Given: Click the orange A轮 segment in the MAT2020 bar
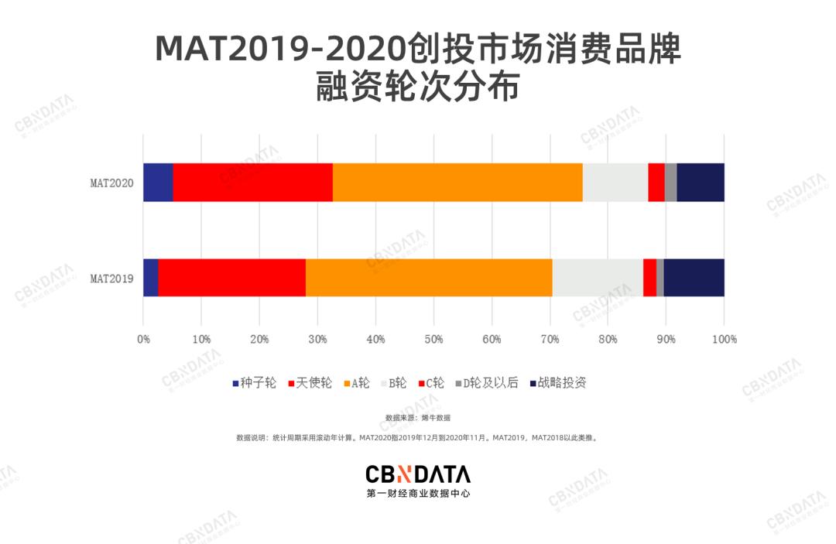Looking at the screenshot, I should click(x=457, y=183).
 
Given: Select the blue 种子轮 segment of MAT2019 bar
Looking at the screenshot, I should click(x=150, y=277).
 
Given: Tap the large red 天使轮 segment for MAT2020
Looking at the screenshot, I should click(x=252, y=183).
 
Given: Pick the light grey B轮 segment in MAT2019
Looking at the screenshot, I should click(x=597, y=277).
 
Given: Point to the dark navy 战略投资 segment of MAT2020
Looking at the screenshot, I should click(x=701, y=183).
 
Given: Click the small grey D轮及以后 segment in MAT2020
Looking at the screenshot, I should click(x=670, y=183).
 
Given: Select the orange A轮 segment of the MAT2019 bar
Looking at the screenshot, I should click(x=429, y=277).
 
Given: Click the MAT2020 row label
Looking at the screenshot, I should click(x=111, y=183).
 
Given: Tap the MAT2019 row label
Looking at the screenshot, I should click(x=111, y=278).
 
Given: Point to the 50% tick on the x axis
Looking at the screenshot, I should click(x=433, y=339).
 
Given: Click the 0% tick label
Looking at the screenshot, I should click(x=143, y=339).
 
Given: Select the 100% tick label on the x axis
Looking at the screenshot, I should click(x=724, y=339).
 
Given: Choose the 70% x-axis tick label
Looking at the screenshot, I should click(x=550, y=339).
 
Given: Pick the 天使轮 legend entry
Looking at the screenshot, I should click(x=310, y=383).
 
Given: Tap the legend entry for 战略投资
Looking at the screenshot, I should click(x=557, y=383).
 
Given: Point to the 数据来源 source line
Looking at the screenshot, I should click(x=418, y=418).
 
